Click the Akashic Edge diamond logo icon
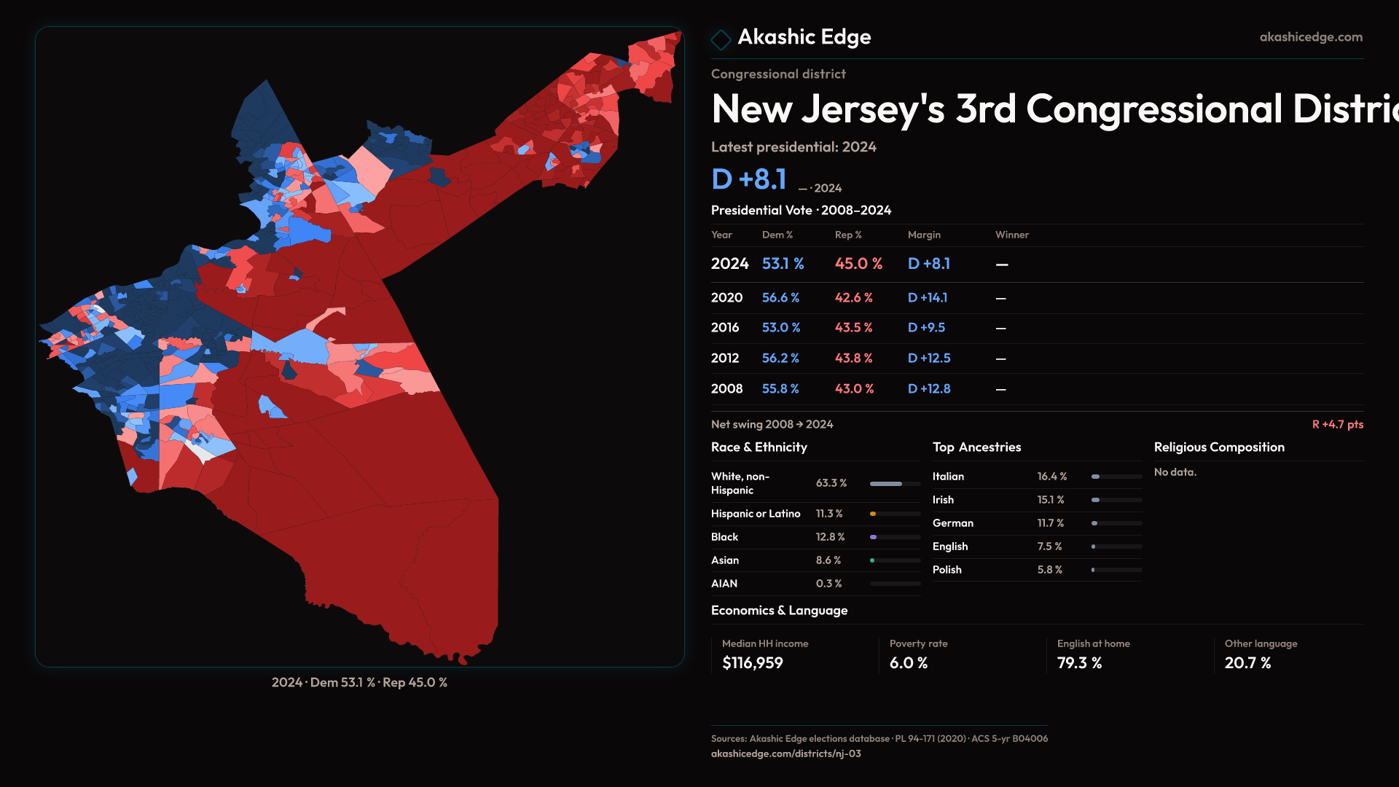[x=721, y=39]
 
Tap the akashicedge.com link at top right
[x=1310, y=37]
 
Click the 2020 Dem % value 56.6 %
[x=780, y=298]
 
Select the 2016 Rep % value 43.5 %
[x=853, y=328]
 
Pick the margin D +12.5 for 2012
[x=928, y=359]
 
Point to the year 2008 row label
[x=726, y=389]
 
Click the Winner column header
[x=1011, y=235]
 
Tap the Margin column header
[x=923, y=235]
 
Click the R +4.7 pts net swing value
[x=1337, y=424]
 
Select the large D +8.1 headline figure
[x=748, y=179]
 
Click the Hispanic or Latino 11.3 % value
[x=828, y=514]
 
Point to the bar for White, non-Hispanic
[x=895, y=484]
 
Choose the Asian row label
[x=724, y=560]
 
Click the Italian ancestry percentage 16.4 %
[x=1051, y=477]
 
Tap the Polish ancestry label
[x=947, y=570]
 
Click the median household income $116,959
[x=752, y=663]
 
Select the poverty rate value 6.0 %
[x=908, y=663]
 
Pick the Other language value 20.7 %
[x=1247, y=663]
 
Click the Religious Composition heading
[x=1218, y=447]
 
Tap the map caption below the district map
[x=359, y=683]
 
